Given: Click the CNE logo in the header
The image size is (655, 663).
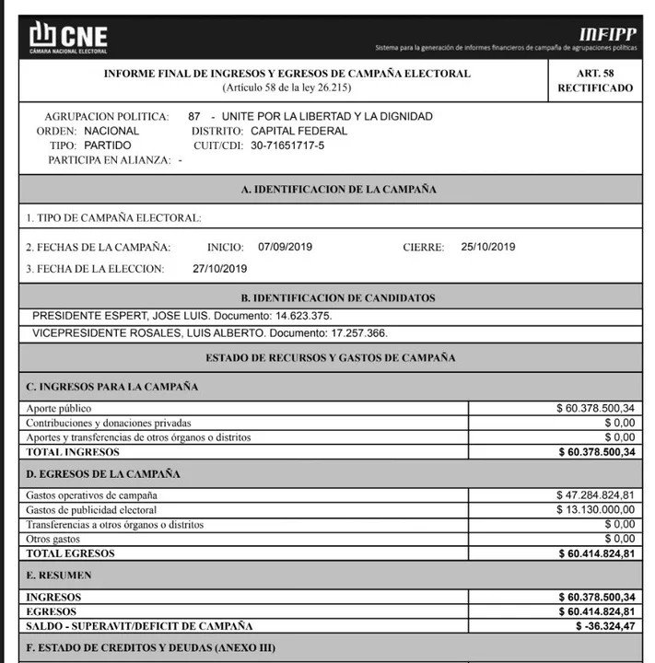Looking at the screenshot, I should coord(68,36).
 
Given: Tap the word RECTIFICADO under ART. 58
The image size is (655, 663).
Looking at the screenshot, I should coord(595,88).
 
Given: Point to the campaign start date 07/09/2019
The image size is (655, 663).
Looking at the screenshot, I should coord(285,247).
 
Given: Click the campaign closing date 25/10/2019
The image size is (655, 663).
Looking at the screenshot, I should coord(488,247).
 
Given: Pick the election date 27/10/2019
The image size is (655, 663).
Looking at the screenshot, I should coord(220,269).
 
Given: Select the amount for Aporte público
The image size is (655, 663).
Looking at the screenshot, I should coord(595,408).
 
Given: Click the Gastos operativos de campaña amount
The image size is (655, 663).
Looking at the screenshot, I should coord(595,495).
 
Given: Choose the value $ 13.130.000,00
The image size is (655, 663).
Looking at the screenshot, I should coord(595,510).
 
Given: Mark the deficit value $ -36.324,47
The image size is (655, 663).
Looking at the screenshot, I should coord(602,627).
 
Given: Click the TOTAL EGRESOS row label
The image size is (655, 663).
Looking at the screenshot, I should coord(71,554).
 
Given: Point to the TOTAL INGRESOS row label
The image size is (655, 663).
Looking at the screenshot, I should coord(73,452).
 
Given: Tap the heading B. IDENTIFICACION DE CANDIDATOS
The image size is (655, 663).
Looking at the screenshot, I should coord(337,298).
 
